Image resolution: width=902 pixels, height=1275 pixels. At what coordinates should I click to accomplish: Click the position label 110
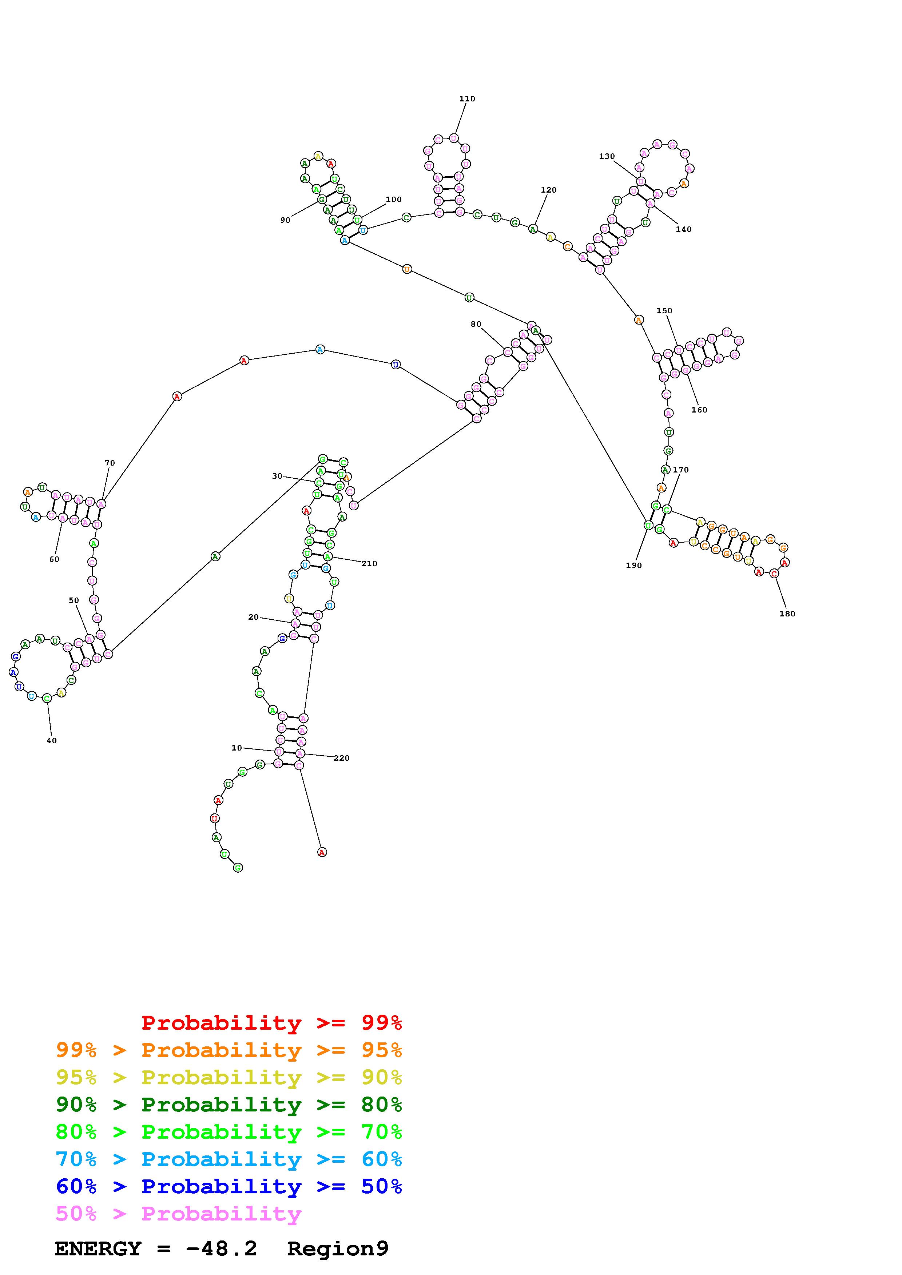(x=467, y=99)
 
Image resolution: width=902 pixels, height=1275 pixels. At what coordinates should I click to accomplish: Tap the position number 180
(x=787, y=614)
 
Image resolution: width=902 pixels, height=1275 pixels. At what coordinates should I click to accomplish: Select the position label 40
(x=52, y=740)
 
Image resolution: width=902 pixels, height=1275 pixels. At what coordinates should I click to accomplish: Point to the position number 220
(x=341, y=758)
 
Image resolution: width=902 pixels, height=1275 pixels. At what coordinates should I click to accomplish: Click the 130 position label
(x=606, y=156)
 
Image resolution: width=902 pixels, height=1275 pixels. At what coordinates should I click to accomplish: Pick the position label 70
(x=110, y=463)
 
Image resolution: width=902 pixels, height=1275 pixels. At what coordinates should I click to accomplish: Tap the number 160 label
(x=699, y=410)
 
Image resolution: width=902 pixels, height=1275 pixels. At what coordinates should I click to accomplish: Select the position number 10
(x=237, y=748)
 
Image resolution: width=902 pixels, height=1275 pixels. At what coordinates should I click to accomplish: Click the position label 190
(x=633, y=565)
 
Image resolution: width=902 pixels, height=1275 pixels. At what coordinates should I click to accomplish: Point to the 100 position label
(x=393, y=200)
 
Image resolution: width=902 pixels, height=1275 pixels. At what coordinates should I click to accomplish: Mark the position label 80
(x=476, y=324)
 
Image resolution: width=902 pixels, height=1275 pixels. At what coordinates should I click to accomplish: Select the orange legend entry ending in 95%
(x=229, y=1050)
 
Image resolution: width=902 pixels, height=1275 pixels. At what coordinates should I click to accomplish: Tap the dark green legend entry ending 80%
(x=229, y=1105)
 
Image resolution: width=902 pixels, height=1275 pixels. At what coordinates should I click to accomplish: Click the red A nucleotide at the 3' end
(x=322, y=852)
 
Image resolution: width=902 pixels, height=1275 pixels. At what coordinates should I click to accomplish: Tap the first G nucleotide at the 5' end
(x=238, y=868)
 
